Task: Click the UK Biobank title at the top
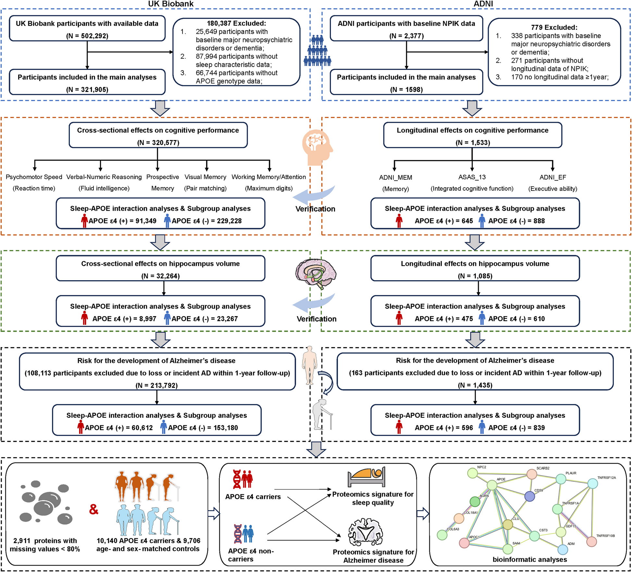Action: [x=171, y=4]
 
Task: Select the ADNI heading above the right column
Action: [x=483, y=4]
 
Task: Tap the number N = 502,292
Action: [x=87, y=36]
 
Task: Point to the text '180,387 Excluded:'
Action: [x=236, y=23]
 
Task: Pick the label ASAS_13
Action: [x=472, y=177]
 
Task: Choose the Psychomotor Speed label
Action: [x=34, y=177]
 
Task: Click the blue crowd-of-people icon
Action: [x=317, y=51]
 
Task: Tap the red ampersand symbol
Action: [x=94, y=509]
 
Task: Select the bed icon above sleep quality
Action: [x=366, y=477]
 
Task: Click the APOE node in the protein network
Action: [x=492, y=485]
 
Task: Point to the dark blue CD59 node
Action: [x=529, y=496]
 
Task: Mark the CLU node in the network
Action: [x=508, y=524]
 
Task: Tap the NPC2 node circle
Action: [x=473, y=473]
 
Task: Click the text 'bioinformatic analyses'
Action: [x=530, y=559]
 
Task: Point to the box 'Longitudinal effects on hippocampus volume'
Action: [x=475, y=268]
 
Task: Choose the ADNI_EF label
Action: [x=553, y=177]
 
